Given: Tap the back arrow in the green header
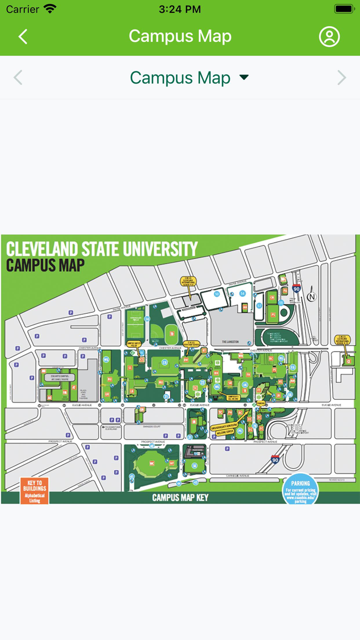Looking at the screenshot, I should pyautogui.click(x=23, y=37).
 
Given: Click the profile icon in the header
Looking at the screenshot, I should pyautogui.click(x=329, y=37).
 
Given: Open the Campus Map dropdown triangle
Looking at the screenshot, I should pyautogui.click(x=244, y=78).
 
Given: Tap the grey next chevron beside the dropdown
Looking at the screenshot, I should pyautogui.click(x=341, y=78).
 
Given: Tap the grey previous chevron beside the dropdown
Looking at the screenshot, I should pyautogui.click(x=18, y=78).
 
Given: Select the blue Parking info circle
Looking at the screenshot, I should pyautogui.click(x=300, y=490).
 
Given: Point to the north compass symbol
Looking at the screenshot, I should pyautogui.click(x=312, y=297).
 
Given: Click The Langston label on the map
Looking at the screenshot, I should pyautogui.click(x=231, y=342).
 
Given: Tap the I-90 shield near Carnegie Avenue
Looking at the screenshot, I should pyautogui.click(x=275, y=459).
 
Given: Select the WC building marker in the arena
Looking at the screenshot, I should pyautogui.click(x=152, y=464).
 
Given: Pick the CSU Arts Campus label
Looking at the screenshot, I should pyautogui.click(x=60, y=377).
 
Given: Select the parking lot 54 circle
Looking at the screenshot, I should pyautogui.click(x=243, y=293).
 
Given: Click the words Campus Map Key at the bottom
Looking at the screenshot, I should pyautogui.click(x=180, y=498).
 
